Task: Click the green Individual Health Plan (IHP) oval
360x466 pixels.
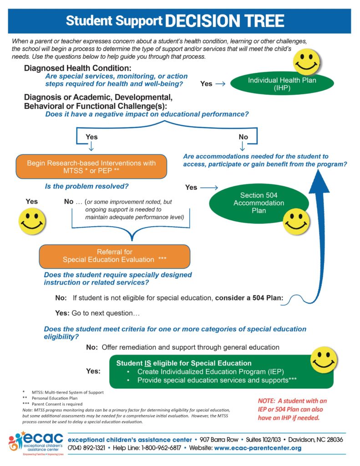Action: point(282,84)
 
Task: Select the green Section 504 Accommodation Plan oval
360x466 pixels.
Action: point(259,203)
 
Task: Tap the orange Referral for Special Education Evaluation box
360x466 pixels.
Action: point(114,256)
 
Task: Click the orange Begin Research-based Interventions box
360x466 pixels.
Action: point(91,167)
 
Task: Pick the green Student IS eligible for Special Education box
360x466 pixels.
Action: point(221,371)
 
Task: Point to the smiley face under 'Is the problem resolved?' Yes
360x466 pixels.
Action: point(32,221)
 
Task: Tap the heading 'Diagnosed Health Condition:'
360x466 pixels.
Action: point(77,68)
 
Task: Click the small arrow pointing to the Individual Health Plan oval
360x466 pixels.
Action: point(220,84)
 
